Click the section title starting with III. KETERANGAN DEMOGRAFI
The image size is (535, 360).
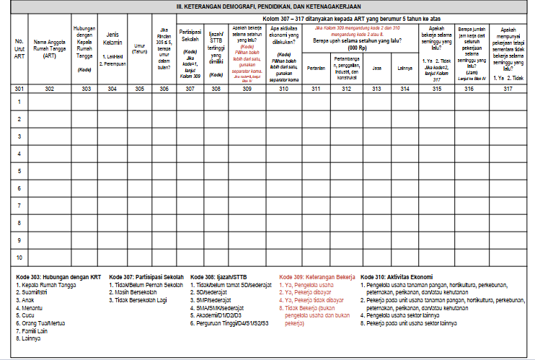coord(267,6)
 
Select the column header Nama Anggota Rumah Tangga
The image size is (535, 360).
coord(49,50)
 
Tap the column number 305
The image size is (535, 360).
coord(139,89)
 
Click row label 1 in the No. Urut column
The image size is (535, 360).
coord(20,102)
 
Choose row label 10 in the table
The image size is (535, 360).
coord(20,257)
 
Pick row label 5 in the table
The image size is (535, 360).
coord(20,171)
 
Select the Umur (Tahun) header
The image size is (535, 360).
coord(139,49)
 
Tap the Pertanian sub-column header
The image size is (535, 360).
coord(316,69)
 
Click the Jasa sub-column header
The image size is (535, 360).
coord(376,69)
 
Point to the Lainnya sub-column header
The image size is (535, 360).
coord(405,69)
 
